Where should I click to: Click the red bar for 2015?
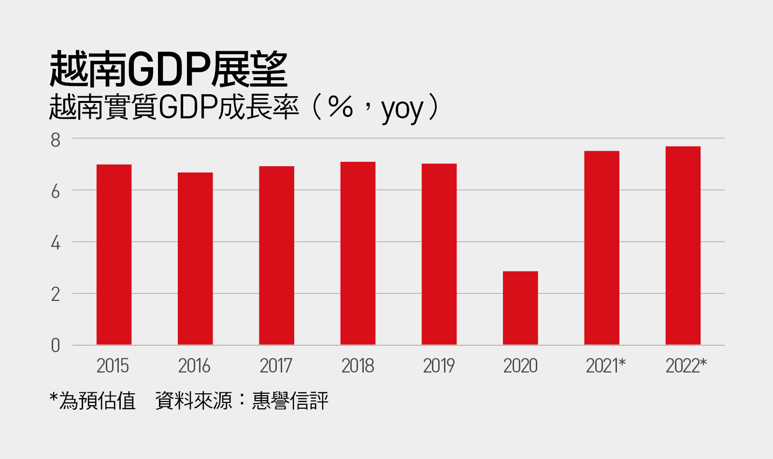pyautogui.click(x=114, y=255)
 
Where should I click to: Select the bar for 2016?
pyautogui.click(x=195, y=258)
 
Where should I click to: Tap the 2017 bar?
pyautogui.click(x=276, y=256)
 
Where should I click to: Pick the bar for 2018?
pyautogui.click(x=358, y=253)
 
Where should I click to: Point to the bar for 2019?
pyautogui.click(x=439, y=254)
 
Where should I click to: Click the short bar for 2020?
pyautogui.click(x=520, y=308)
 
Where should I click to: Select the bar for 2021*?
pyautogui.click(x=601, y=248)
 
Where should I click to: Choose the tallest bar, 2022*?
pyautogui.click(x=683, y=245)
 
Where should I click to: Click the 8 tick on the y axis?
pyautogui.click(x=56, y=140)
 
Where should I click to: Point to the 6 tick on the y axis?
pyautogui.click(x=56, y=192)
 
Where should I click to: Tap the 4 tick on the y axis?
pyautogui.click(x=56, y=243)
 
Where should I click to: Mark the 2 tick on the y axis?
pyautogui.click(x=56, y=294)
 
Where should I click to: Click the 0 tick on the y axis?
pyautogui.click(x=56, y=345)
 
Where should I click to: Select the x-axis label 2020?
pyautogui.click(x=520, y=366)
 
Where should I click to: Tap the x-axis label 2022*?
pyautogui.click(x=686, y=366)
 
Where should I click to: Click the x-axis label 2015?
pyautogui.click(x=113, y=366)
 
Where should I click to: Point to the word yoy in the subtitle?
pyautogui.click(x=402, y=109)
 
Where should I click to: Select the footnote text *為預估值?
pyautogui.click(x=93, y=401)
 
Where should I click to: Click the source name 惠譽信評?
pyautogui.click(x=290, y=401)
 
